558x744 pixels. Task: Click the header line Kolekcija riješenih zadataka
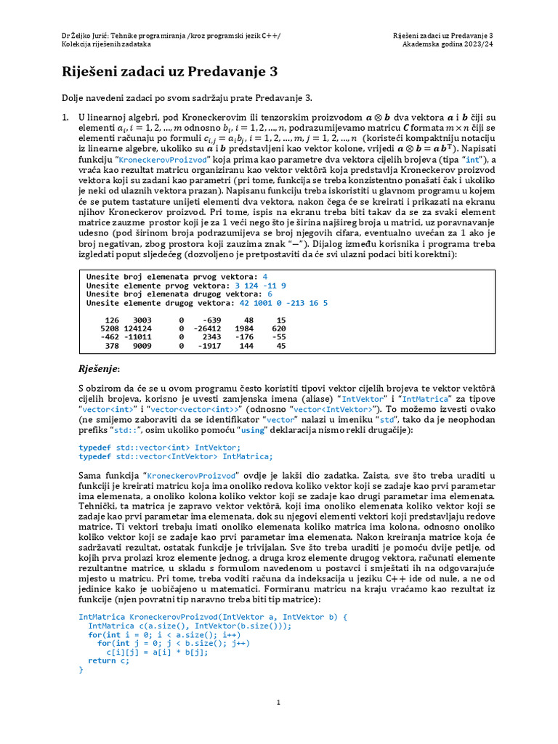coord(106,44)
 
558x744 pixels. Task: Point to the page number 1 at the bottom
coord(278,703)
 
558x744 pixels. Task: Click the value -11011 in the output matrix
coord(136,337)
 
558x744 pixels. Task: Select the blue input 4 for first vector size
coord(265,277)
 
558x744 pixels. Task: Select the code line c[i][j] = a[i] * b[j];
coord(152,652)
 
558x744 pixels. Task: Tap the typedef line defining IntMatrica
coord(175,456)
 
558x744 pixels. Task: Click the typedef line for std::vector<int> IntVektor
coord(159,448)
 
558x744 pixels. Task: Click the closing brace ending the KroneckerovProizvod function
coord(81,670)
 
